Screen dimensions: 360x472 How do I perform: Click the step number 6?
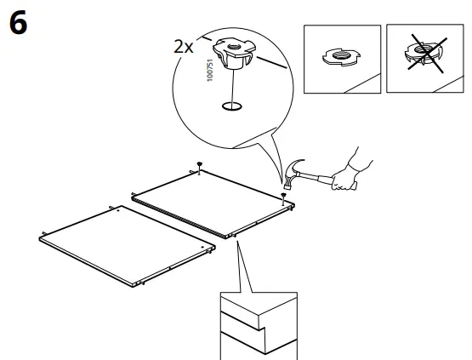pos(18,24)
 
